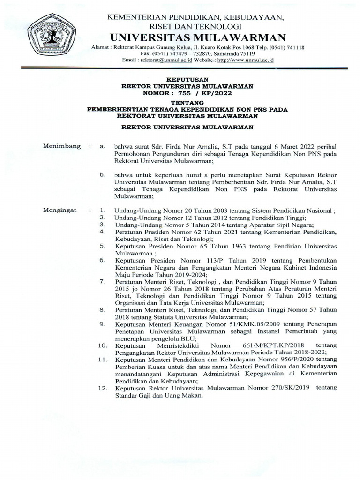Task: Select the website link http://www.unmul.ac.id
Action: point(245,60)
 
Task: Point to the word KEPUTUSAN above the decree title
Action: point(187,80)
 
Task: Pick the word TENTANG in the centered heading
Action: point(187,102)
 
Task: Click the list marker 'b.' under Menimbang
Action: point(101,175)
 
